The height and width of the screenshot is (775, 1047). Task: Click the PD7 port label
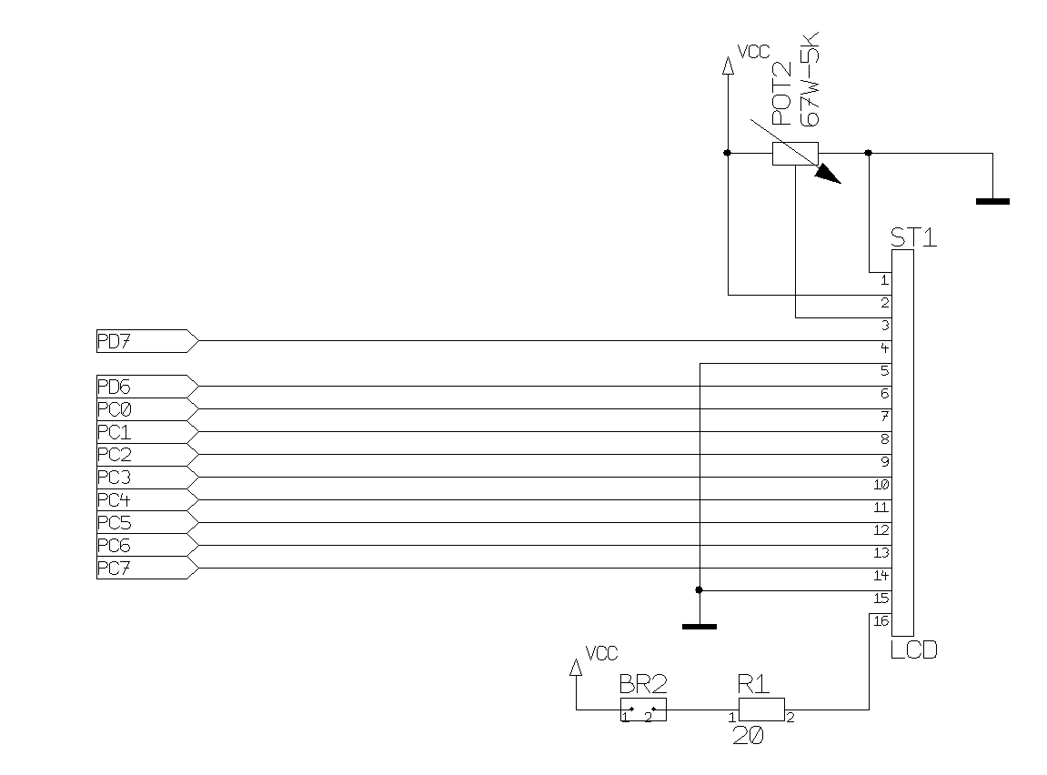[x=114, y=341]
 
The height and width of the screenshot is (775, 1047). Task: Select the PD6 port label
[x=114, y=387]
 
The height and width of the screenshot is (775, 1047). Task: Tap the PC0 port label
[x=114, y=409]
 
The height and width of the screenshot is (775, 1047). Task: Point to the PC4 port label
[x=114, y=500]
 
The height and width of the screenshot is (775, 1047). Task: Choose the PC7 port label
[x=114, y=569]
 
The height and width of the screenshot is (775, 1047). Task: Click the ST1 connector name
[x=912, y=237]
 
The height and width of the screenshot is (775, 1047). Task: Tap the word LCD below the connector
[x=913, y=649]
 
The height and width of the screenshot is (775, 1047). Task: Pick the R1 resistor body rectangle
[x=760, y=709]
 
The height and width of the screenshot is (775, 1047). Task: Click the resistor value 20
[x=748, y=736]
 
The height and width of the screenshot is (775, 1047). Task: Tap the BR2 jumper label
[x=643, y=684]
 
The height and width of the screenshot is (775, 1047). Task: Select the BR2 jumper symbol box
[x=643, y=710]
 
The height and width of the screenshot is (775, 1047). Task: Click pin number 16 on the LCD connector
[x=880, y=621]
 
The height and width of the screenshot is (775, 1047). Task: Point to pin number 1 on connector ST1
[x=884, y=280]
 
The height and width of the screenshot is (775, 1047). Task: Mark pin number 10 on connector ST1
[x=881, y=485]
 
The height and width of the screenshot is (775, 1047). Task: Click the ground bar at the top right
[x=992, y=201]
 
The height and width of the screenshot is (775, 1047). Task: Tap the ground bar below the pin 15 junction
[x=699, y=626]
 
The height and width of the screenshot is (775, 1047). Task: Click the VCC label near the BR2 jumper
[x=601, y=653]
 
